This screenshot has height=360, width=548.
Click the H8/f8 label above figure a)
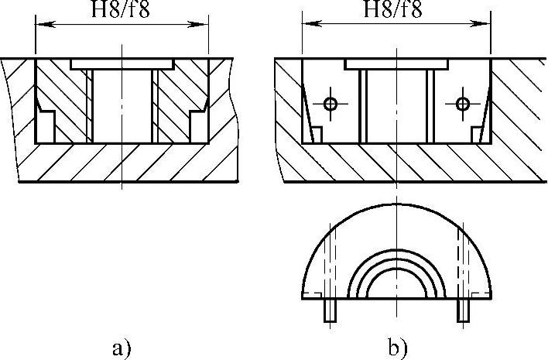[x=122, y=11]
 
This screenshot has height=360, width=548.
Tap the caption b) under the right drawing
[x=399, y=347]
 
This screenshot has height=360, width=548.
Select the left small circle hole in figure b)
[x=331, y=104]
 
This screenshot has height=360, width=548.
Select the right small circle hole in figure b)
[x=463, y=104]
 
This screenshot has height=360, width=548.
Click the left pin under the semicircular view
[x=329, y=310]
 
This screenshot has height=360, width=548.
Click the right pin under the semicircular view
[x=464, y=310]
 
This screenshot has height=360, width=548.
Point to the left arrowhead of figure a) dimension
[x=41, y=26]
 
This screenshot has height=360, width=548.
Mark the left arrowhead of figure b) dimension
[x=307, y=26]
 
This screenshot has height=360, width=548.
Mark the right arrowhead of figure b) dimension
[x=485, y=26]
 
